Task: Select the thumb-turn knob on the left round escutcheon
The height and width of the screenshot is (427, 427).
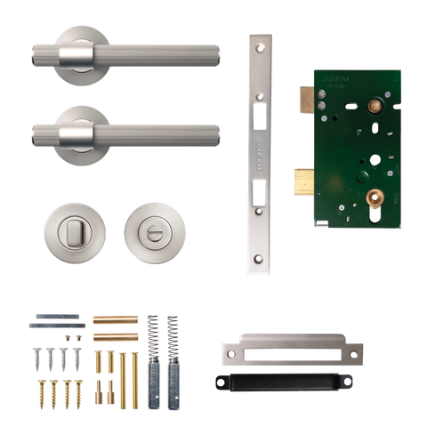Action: pyautogui.click(x=75, y=232)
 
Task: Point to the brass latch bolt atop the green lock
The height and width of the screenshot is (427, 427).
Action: pyautogui.click(x=302, y=95)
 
